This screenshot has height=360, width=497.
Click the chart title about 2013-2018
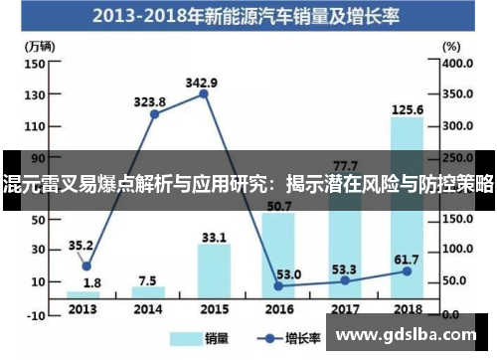[248, 17]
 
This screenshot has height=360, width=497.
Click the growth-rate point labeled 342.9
[204, 93]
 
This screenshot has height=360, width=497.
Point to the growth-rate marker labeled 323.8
[155, 114]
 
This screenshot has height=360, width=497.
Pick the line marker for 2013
[86, 266]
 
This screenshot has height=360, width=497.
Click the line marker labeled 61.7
[406, 271]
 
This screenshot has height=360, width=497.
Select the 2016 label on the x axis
[277, 307]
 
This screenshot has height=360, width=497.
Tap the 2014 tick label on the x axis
[149, 307]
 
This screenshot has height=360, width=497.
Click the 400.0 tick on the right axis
[460, 63]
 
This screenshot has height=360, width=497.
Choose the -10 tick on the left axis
[34, 314]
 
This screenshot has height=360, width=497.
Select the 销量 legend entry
[200, 338]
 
